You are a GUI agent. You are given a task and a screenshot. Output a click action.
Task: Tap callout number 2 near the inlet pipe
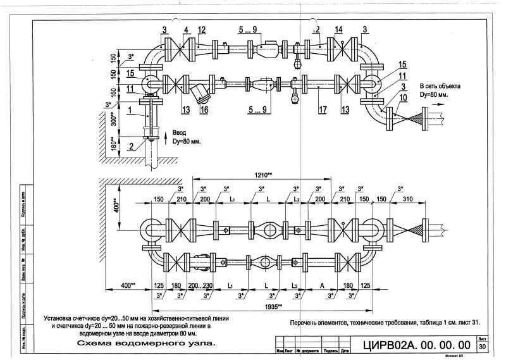click(x=130, y=147)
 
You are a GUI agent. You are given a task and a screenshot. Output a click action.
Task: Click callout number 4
click(x=186, y=29)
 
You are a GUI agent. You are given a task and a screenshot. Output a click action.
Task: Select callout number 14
click(x=338, y=30)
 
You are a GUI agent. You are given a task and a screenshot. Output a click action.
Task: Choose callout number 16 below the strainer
click(x=204, y=109)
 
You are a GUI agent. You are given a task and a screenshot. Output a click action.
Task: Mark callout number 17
click(x=322, y=109)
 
